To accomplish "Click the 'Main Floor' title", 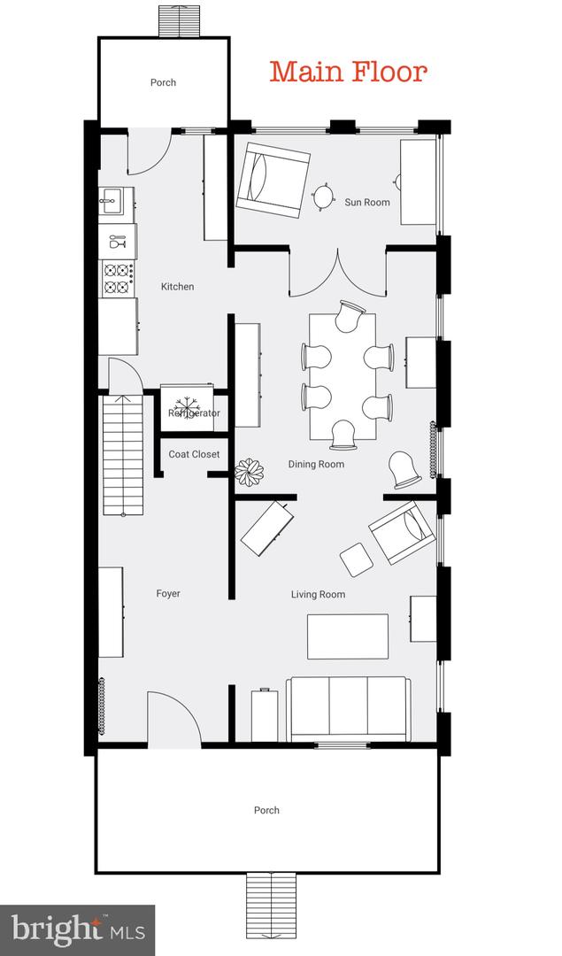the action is [x=348, y=72].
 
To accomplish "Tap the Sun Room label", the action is [x=367, y=202].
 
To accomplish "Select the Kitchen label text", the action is [x=177, y=286].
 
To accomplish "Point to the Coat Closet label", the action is [x=194, y=454].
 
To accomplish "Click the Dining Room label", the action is [x=316, y=464].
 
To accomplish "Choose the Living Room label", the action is [x=318, y=595].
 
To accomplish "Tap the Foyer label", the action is [x=167, y=593].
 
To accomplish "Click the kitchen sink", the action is [x=117, y=201].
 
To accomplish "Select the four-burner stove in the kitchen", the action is [x=118, y=278].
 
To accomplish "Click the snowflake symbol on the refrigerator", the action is [x=185, y=406].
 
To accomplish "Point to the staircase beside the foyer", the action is [x=123, y=455].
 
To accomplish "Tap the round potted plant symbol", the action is [x=250, y=473].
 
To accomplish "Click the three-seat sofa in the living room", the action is [x=348, y=708].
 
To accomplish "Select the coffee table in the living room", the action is [x=348, y=636].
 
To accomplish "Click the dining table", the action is [x=342, y=376].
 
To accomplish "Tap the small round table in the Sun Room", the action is [x=323, y=197].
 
